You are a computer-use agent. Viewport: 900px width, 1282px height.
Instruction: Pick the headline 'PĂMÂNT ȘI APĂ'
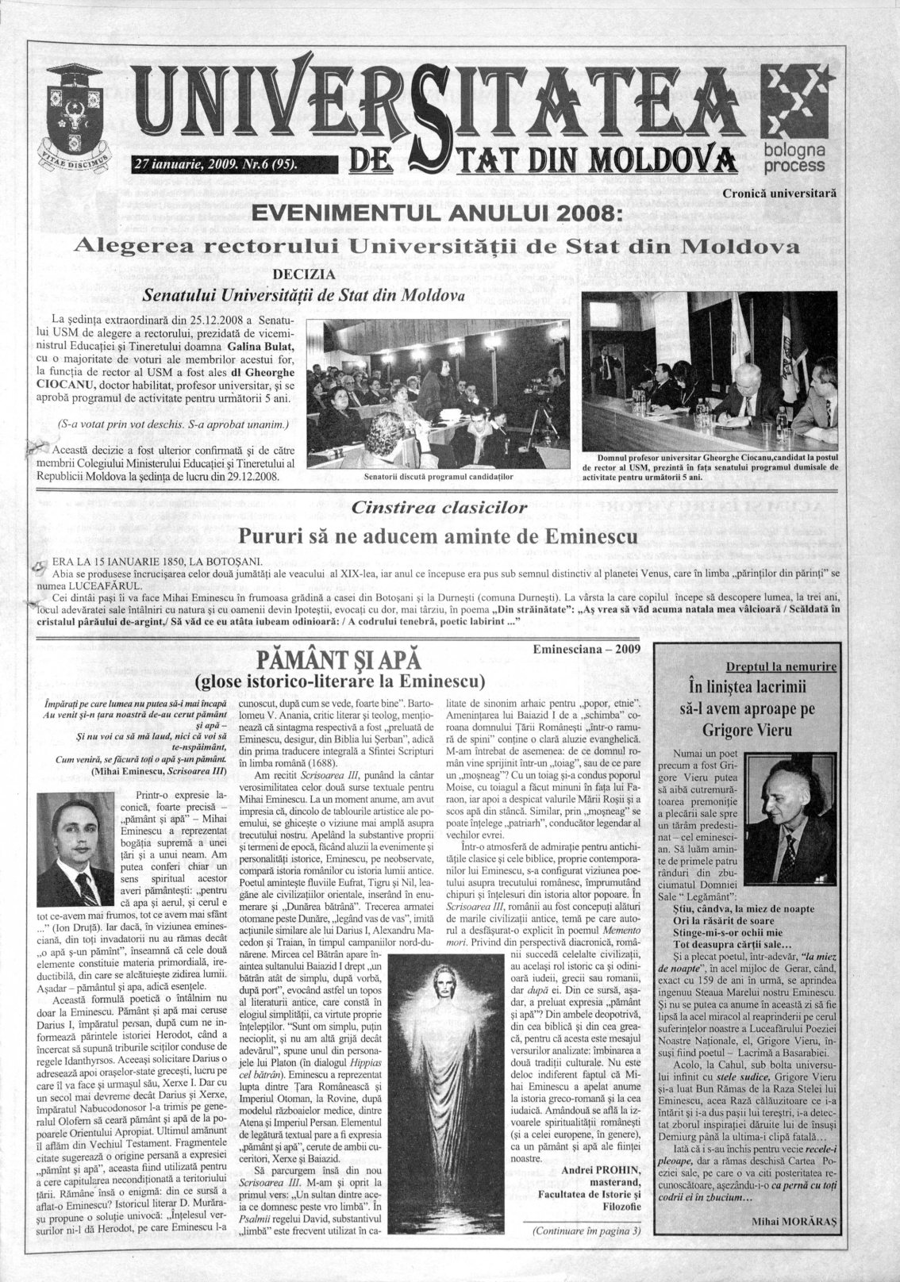click(339, 658)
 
